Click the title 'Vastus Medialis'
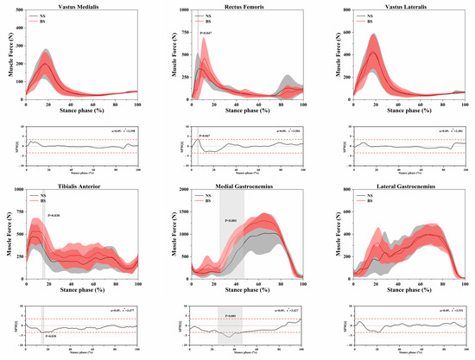coord(82,6)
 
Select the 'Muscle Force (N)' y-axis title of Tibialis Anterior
coord(6,235)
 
